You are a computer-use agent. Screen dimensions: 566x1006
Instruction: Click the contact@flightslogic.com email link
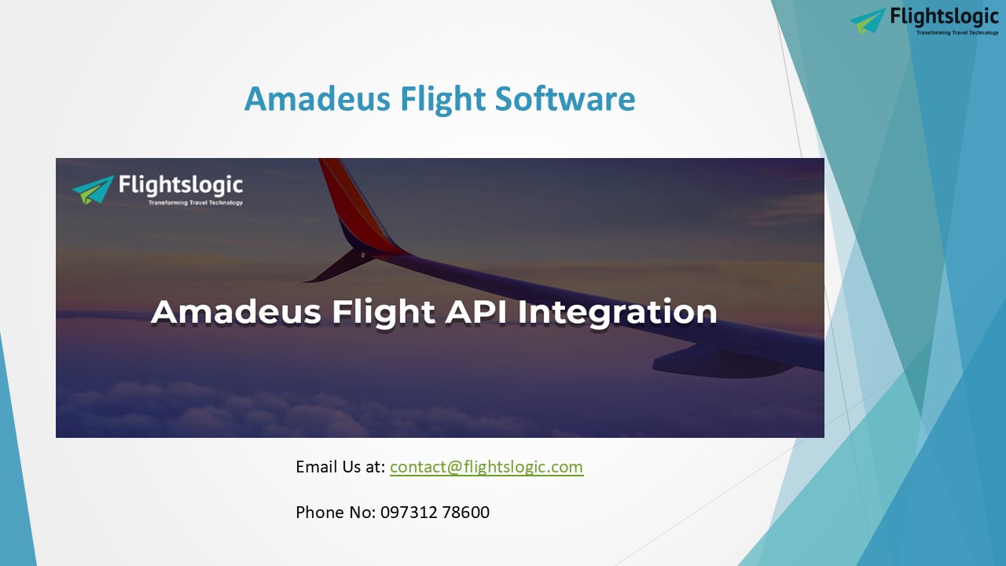point(486,467)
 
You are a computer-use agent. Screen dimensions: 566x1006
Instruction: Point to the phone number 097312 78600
point(435,513)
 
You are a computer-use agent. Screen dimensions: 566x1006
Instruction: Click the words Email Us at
point(340,467)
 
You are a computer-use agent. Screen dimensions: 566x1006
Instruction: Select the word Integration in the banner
point(617,312)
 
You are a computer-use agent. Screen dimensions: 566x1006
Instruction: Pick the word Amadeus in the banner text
point(236,312)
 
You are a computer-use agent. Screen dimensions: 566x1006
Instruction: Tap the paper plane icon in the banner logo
point(93,189)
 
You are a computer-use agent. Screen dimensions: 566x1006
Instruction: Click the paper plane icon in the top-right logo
point(868,20)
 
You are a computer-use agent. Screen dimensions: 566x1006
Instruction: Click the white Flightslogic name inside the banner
point(181,186)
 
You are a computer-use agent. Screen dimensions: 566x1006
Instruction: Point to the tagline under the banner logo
point(196,203)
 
